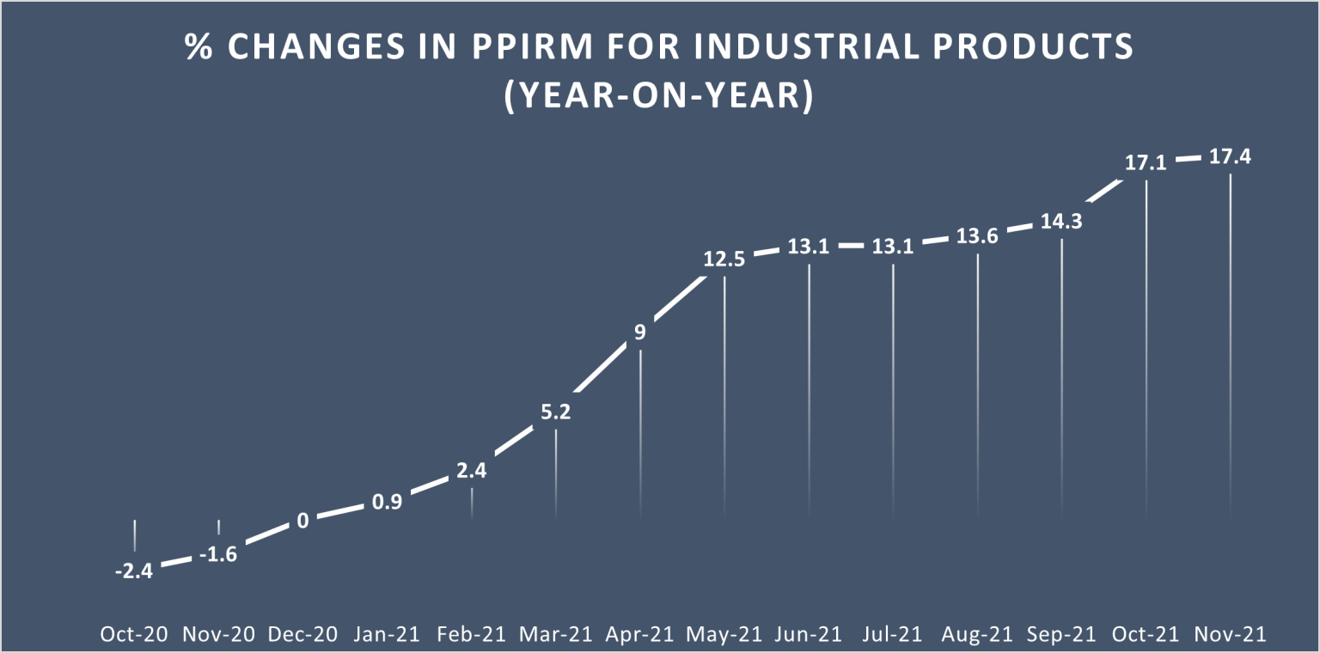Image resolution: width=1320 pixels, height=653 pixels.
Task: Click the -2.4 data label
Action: pos(134,570)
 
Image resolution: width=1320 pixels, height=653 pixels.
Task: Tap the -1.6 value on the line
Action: pos(218,554)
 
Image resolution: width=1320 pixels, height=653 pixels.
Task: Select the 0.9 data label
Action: pos(387,502)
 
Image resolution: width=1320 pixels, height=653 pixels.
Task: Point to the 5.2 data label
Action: pos(556,412)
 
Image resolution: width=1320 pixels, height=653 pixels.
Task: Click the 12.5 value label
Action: pos(724,258)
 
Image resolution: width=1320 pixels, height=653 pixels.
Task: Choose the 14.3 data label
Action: pos(1061,221)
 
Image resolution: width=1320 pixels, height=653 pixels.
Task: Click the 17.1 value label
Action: pos(1146,162)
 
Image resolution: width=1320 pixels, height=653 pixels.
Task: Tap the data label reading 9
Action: pos(639,332)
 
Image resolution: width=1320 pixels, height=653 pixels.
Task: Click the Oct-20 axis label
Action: pos(134,634)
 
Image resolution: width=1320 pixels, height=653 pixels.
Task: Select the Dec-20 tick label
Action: pos(302,634)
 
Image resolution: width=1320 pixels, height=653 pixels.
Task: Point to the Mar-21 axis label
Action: pos(556,634)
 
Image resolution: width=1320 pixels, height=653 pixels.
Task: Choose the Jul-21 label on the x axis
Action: pos(894,634)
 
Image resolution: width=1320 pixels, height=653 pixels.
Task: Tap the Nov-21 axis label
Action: pos(1230,634)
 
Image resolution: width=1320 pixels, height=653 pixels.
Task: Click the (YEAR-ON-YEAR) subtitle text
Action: pos(658,96)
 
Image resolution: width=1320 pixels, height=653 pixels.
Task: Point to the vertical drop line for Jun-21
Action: pos(809,387)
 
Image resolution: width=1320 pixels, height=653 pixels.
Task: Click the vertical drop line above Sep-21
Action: pos(1062,378)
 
